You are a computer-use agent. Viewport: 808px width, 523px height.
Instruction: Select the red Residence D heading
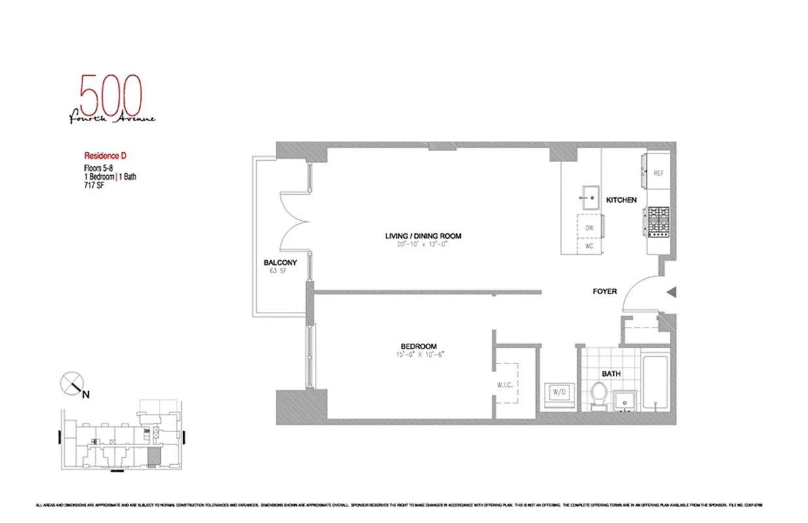tap(105, 156)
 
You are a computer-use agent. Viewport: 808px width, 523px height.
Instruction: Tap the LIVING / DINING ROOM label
tap(423, 236)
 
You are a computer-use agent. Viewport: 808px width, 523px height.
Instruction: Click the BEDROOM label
tap(418, 346)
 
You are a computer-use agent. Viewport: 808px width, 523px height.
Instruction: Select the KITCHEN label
tap(621, 199)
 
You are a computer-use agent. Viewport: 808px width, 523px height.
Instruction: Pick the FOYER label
tap(604, 291)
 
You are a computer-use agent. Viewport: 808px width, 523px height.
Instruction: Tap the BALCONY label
tap(280, 263)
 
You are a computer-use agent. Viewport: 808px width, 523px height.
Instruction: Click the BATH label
tap(612, 374)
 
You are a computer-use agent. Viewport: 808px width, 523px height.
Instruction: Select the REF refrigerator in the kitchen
tap(658, 173)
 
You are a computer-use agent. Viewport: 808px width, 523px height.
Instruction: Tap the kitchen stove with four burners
tap(658, 220)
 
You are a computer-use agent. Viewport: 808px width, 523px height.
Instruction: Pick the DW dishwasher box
tap(589, 228)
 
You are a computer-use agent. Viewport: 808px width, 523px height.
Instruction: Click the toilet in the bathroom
tap(599, 395)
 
